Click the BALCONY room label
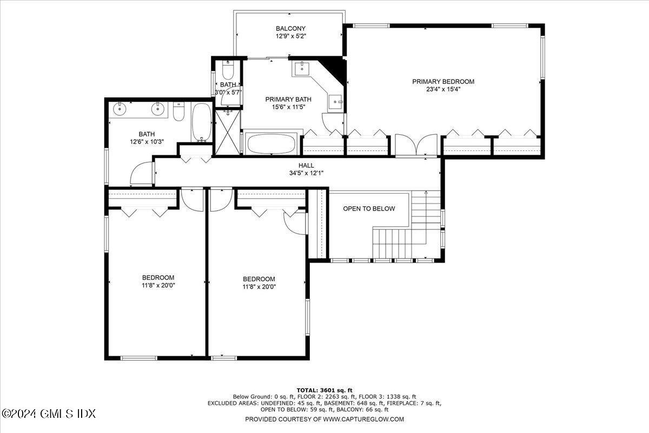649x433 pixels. click(290, 29)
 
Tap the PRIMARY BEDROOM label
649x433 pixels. click(443, 82)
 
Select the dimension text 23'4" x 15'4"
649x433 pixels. click(443, 89)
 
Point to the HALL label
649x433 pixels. click(306, 166)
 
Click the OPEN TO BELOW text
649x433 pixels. click(369, 209)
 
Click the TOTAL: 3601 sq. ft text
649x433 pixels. click(324, 390)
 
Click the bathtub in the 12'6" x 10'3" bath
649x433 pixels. click(202, 123)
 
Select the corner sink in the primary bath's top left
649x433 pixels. click(301, 69)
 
